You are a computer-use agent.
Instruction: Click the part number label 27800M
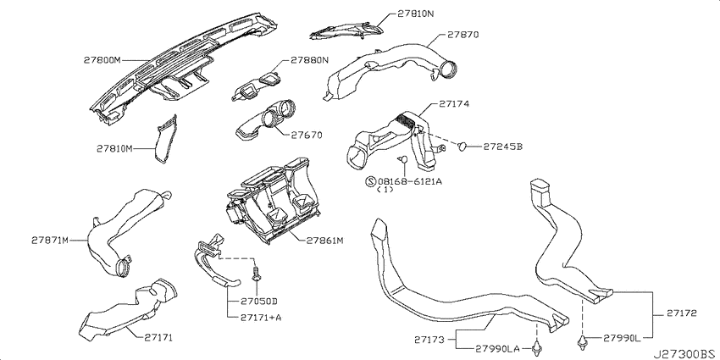pos(102,60)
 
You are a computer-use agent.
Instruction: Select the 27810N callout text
pos(416,14)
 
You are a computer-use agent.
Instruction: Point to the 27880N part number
pos(309,60)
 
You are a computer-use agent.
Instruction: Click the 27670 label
pos(307,135)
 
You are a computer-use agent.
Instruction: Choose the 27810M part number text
pos(114,148)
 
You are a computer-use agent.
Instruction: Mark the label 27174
pos(453,104)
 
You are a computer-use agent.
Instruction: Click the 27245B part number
pos(503,147)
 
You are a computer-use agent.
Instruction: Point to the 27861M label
pos(325,241)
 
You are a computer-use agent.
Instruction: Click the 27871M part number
pos(50,240)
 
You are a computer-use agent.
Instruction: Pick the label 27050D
pos(259,302)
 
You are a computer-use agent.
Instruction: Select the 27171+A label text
pos(260,318)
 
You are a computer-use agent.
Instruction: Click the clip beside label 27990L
pos(582,341)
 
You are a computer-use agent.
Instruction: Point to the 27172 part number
pos(681,313)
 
